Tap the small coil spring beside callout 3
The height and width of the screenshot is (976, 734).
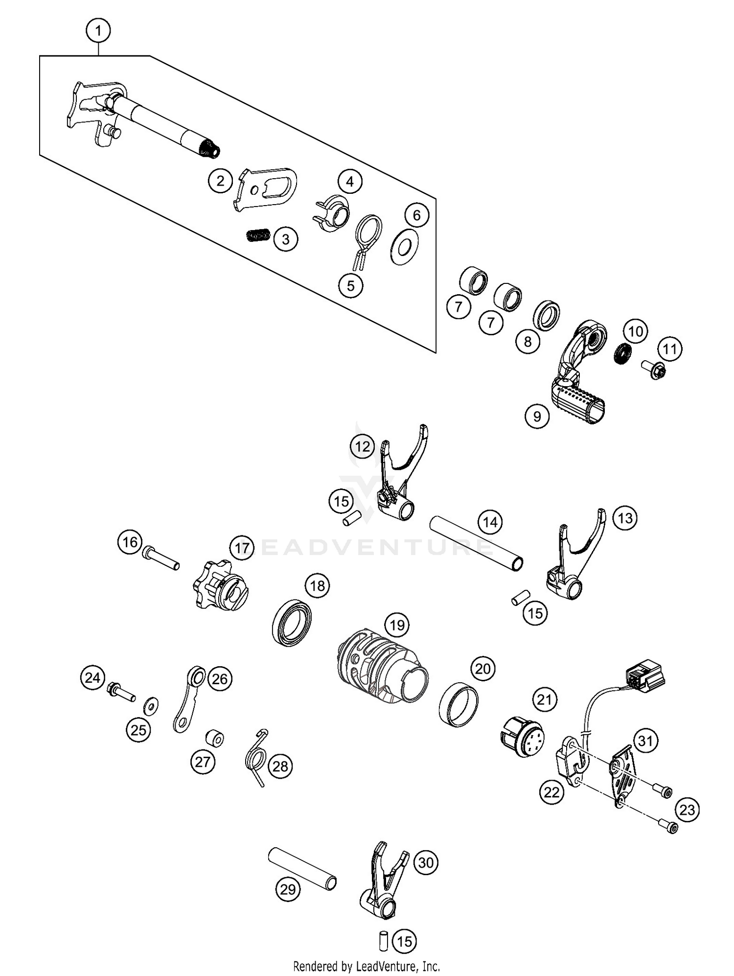click(x=257, y=235)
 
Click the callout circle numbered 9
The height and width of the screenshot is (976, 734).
click(x=537, y=416)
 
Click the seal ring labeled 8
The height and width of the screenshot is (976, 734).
click(x=547, y=316)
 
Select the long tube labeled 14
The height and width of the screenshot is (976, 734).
click(x=476, y=543)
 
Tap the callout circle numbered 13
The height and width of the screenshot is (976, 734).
click(x=625, y=518)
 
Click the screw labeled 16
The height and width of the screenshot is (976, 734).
click(x=161, y=559)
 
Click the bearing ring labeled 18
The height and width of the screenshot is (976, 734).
click(x=292, y=622)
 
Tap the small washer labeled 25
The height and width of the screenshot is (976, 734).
click(x=151, y=707)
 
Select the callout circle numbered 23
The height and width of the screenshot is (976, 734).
click(x=687, y=810)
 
